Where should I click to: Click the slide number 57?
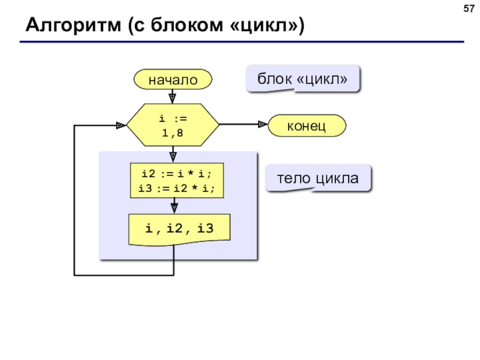tap(469, 8)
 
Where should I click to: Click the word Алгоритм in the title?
tap(73, 25)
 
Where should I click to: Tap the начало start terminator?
tap(173, 79)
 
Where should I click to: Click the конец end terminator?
tap(307, 125)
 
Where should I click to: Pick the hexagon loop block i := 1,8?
tap(173, 125)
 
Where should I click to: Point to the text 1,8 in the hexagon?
tap(172, 133)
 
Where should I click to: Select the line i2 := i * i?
tap(176, 174)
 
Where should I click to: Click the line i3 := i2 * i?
tap(176, 188)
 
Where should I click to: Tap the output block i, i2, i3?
tap(179, 229)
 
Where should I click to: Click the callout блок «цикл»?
tap(302, 79)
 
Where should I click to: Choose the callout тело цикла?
tap(318, 178)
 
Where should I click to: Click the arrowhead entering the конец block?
tap(263, 124)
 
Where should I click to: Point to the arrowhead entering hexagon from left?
tap(121, 125)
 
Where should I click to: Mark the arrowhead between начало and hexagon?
tap(172, 98)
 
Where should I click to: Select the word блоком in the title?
tap(187, 25)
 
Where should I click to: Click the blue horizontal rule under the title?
tap(242, 41)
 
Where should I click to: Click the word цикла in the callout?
tap(337, 179)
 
